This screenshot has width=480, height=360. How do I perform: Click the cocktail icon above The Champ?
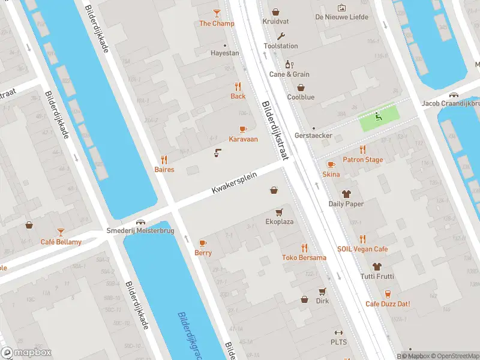tap(217, 13)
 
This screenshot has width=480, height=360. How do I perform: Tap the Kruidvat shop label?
tap(275, 22)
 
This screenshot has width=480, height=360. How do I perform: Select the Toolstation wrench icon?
tap(281, 35)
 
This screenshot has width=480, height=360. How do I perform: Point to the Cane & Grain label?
tap(289, 74)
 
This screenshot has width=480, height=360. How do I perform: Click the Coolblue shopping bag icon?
tap(300, 87)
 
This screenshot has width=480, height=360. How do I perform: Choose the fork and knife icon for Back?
tap(238, 86)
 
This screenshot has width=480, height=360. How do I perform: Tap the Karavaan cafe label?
tap(243, 139)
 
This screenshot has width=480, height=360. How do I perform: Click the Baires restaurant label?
tap(164, 170)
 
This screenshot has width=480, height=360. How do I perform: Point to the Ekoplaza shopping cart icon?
tap(279, 212)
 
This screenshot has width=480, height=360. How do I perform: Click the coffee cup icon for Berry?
tap(203, 243)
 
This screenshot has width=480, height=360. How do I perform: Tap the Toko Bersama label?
tap(304, 258)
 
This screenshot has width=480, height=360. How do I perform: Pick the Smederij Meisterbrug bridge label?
tap(136, 230)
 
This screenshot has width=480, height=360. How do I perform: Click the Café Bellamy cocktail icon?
tap(61, 232)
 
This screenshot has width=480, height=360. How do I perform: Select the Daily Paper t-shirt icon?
tap(346, 194)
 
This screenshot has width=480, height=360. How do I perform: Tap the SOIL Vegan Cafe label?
tap(362, 249)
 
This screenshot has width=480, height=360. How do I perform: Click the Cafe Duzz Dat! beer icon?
tap(388, 293)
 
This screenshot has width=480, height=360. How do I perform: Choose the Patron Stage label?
tap(362, 160)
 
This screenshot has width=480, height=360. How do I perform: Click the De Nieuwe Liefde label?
tap(341, 17)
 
